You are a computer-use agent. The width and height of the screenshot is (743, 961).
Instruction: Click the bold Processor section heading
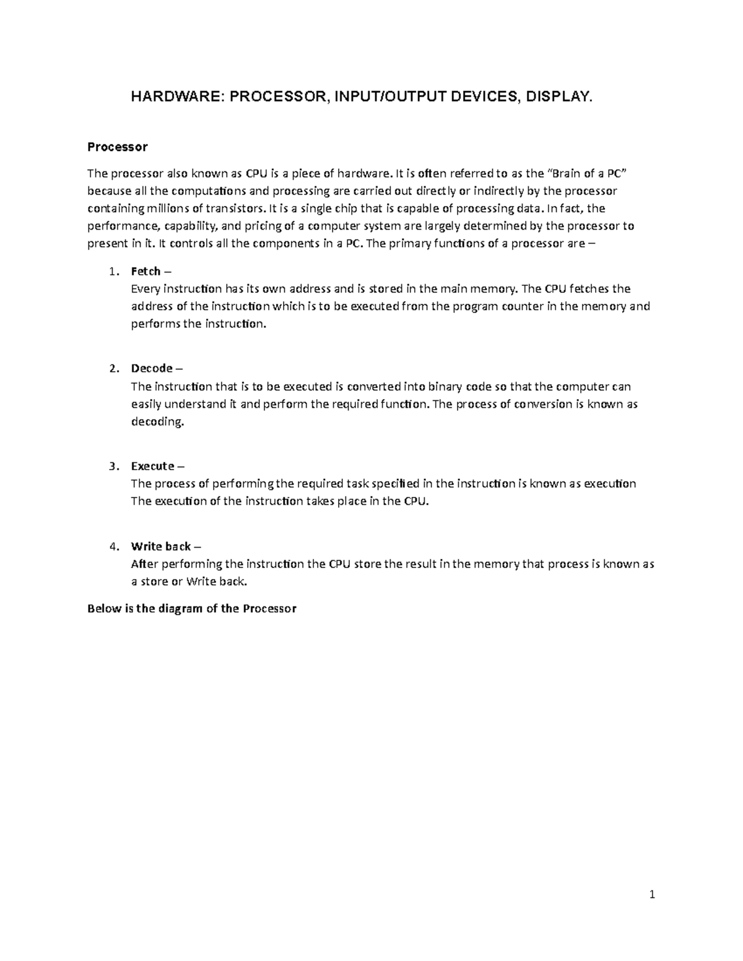coord(117,147)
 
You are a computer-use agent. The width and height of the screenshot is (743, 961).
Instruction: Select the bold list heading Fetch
coord(146,271)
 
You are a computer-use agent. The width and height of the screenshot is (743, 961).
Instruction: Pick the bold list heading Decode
coord(152,368)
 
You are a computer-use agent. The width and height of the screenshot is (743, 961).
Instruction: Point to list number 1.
coord(112,271)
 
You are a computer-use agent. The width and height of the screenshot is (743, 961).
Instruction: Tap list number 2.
coord(112,368)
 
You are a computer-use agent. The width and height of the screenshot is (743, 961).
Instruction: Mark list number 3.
coord(112,466)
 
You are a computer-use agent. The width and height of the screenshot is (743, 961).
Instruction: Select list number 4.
coord(112,546)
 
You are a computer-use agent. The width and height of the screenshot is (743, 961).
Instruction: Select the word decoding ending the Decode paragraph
coord(157,422)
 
